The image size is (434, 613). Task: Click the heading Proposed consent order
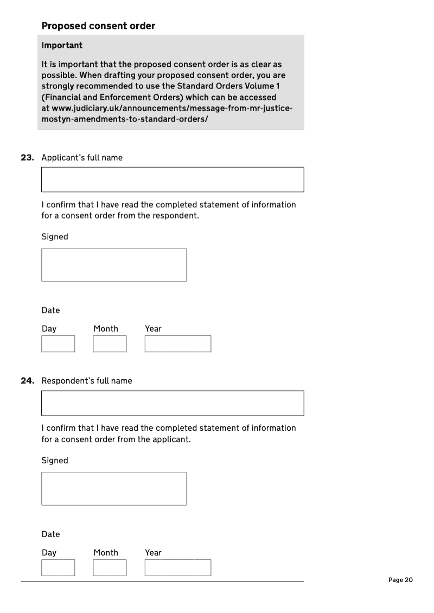tap(98, 26)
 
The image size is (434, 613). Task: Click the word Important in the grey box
tap(62, 46)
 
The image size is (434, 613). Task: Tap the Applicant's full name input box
tap(173, 180)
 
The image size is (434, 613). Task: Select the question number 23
tap(27, 158)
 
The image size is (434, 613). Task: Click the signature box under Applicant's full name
tap(114, 265)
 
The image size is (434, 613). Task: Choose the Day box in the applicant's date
tap(58, 344)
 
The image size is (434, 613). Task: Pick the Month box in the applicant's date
tap(110, 344)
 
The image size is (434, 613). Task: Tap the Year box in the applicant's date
tap(178, 344)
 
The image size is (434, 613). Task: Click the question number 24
tap(27, 381)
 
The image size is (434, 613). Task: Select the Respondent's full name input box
tap(173, 403)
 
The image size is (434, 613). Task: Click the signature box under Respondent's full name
tap(114, 489)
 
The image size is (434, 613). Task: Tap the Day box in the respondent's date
tap(58, 567)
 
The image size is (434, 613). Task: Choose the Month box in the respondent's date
tap(110, 567)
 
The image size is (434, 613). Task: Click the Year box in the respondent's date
tap(178, 567)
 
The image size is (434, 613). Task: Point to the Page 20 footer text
tap(401, 580)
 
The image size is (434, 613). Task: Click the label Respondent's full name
tap(87, 381)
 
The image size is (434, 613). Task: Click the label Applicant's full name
tap(82, 158)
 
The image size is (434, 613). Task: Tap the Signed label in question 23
tap(55, 237)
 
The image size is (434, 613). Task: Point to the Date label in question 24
tap(50, 534)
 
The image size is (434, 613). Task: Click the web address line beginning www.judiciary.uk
tap(167, 108)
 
